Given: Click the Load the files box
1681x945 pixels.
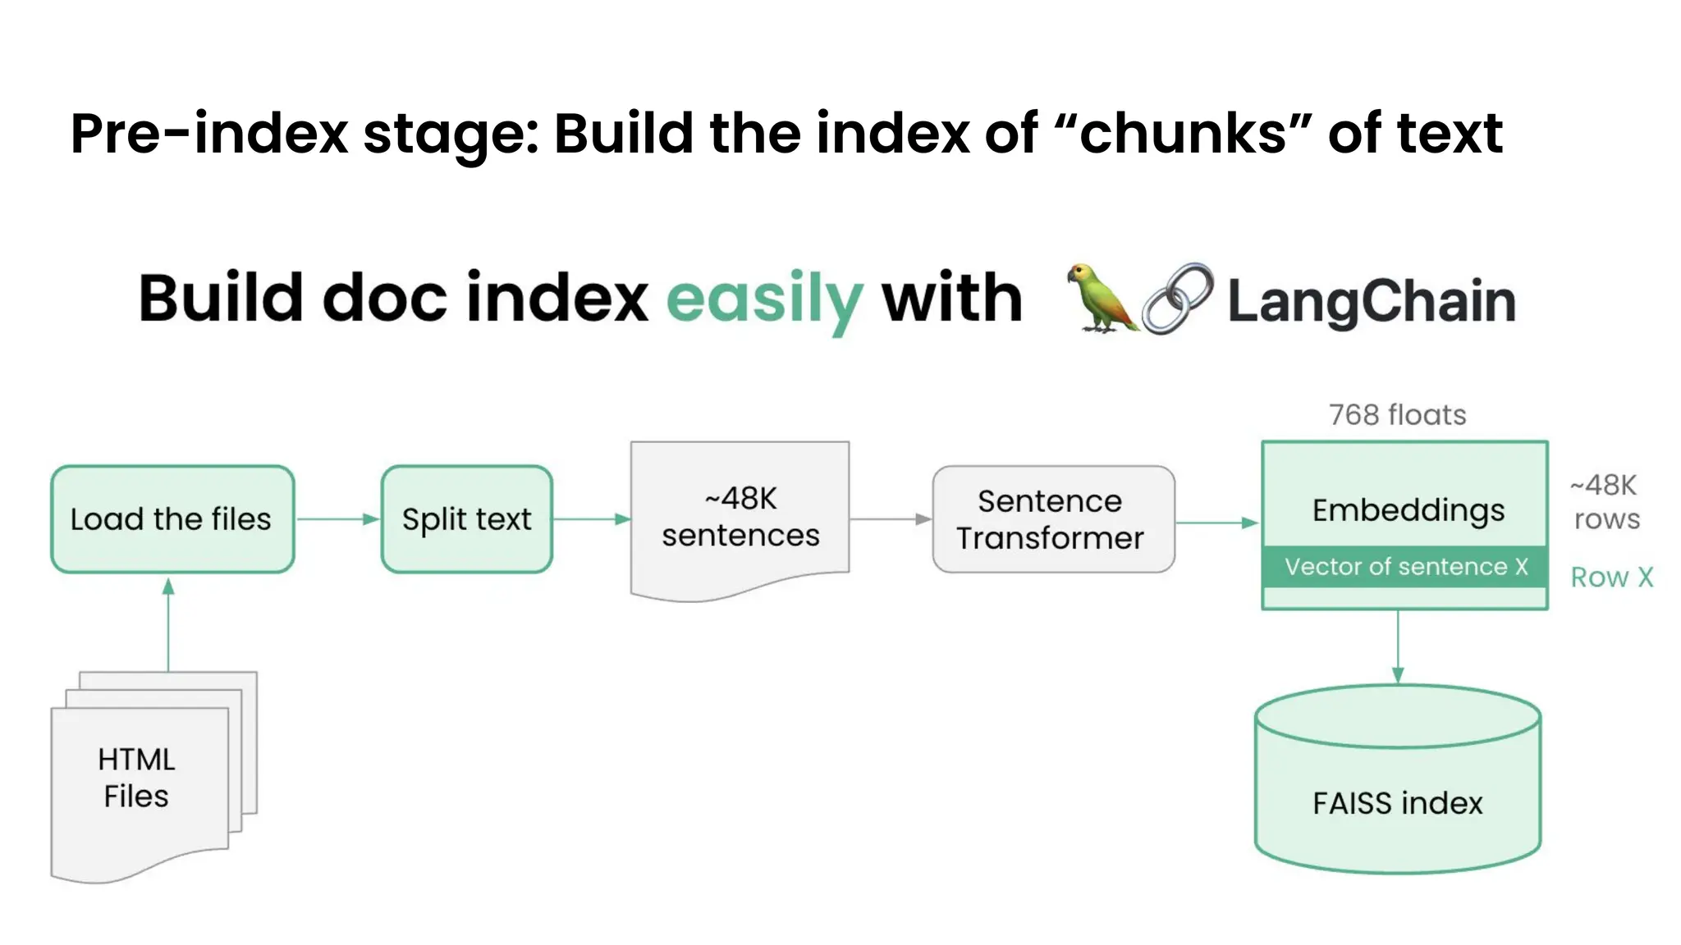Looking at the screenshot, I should pyautogui.click(x=172, y=519).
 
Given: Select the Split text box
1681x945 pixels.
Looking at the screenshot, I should pyautogui.click(x=466, y=519).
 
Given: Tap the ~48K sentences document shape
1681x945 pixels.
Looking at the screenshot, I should pyautogui.click(x=740, y=518).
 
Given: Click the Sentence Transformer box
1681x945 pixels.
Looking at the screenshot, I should pyautogui.click(x=1053, y=519).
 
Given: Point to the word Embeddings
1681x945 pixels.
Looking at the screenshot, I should pyautogui.click(x=1408, y=510).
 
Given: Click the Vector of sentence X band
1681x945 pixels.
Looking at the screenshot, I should pyautogui.click(x=1404, y=567).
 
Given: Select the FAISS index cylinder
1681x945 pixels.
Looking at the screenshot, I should pyautogui.click(x=1397, y=787).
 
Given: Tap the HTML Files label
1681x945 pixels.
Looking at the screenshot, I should pyautogui.click(x=136, y=778).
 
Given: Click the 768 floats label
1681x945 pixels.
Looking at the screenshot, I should pyautogui.click(x=1397, y=415).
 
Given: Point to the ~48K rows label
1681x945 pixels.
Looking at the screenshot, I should pyautogui.click(x=1605, y=502).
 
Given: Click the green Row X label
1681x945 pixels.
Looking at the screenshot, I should pyautogui.click(x=1611, y=577).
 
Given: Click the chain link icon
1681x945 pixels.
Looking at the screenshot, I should pyautogui.click(x=1177, y=299).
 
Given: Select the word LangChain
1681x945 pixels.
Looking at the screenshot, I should pyautogui.click(x=1371, y=301).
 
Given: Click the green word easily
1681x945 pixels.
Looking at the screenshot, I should pyautogui.click(x=764, y=300).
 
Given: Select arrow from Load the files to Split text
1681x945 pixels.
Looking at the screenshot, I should pyautogui.click(x=337, y=519).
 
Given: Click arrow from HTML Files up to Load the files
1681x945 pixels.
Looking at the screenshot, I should pyautogui.click(x=168, y=623).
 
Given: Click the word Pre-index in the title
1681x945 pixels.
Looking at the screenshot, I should pyautogui.click(x=209, y=134).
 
